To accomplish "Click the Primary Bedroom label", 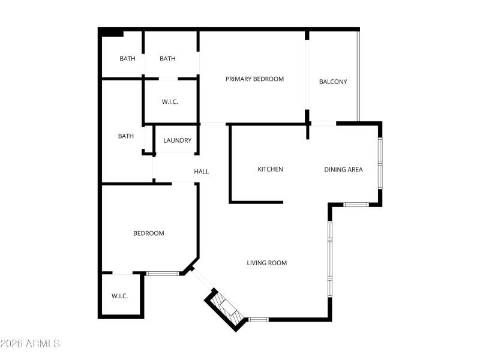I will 254,79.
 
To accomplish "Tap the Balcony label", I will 333,82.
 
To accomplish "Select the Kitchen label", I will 270,169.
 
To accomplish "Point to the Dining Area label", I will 343,169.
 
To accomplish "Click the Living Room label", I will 267,263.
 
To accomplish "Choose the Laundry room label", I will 178,140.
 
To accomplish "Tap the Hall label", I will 202,172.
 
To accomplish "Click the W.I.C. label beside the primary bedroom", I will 170,102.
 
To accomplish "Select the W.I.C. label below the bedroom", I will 120,296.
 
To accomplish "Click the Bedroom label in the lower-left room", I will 148,233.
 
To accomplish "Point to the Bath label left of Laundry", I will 126,136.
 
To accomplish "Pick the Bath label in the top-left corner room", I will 127,59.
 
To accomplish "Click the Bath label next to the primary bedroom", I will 167,59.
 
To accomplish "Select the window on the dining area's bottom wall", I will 356,205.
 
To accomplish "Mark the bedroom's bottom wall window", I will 163,274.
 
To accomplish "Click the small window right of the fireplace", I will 259,319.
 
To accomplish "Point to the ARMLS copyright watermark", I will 30,344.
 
